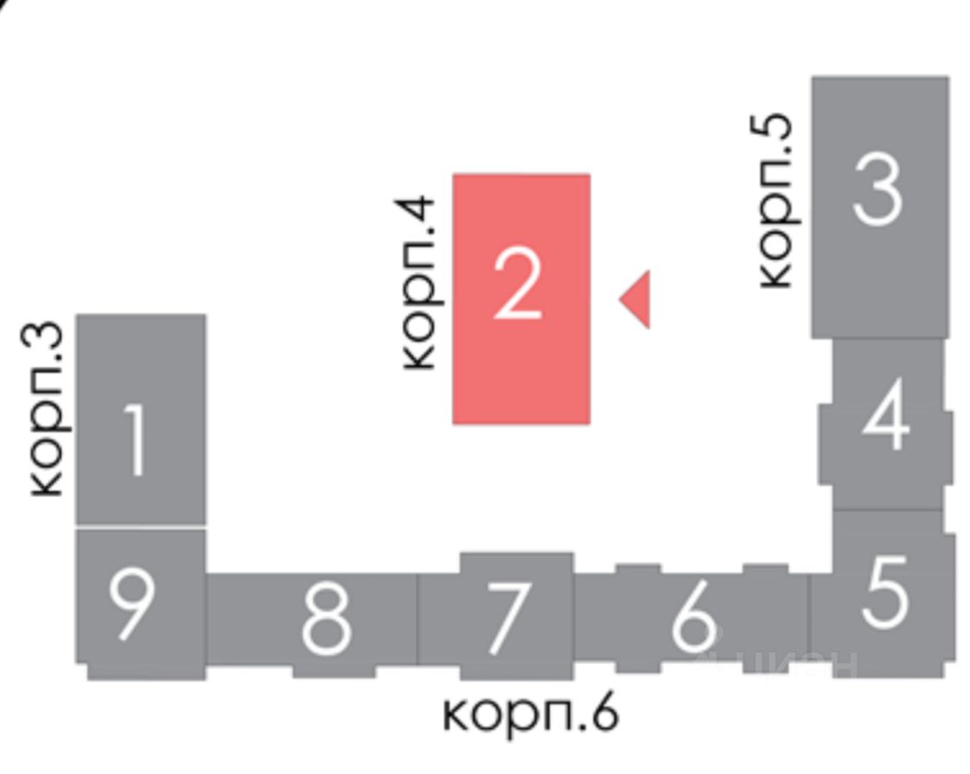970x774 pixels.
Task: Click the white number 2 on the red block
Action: coord(518,284)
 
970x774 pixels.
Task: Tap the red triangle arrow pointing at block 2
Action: coord(637,299)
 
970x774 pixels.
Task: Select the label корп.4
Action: coord(420,284)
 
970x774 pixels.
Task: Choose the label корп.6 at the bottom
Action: coord(530,714)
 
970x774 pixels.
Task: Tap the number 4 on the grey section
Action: coord(886,420)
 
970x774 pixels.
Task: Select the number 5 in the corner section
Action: coord(885,591)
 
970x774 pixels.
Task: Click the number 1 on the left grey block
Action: coord(135,440)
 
